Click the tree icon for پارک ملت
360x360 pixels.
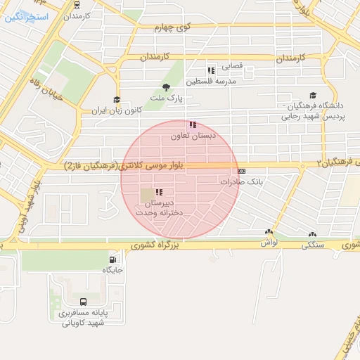click(x=166, y=87)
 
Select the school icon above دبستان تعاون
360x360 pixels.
click(x=193, y=124)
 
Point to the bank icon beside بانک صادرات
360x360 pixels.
click(x=242, y=171)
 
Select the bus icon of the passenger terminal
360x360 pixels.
click(x=84, y=302)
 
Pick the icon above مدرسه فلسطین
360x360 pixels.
click(x=211, y=70)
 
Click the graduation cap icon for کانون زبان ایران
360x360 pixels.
click(x=117, y=100)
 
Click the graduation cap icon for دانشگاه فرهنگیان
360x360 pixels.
click(x=313, y=96)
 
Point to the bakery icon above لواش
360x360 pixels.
click(x=269, y=232)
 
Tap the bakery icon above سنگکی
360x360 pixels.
click(x=312, y=235)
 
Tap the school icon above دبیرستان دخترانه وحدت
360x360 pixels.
click(x=159, y=192)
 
